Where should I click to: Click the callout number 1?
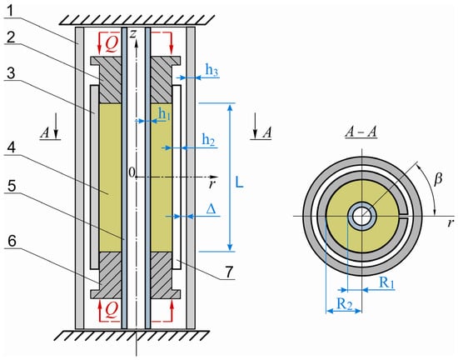click(10, 11)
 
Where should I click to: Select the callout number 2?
click(11, 37)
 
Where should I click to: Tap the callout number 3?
click(11, 73)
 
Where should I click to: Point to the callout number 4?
click(11, 148)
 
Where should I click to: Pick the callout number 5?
click(12, 186)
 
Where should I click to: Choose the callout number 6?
click(12, 241)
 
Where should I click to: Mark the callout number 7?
click(229, 272)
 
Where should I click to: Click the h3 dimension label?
click(212, 71)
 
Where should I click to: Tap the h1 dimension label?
click(164, 114)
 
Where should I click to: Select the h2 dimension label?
click(208, 140)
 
